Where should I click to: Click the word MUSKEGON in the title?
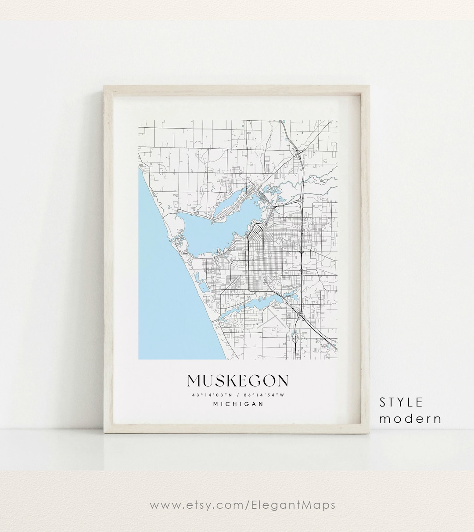pos(238,381)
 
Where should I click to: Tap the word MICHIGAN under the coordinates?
pos(238,404)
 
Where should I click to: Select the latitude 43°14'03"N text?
pos(208,395)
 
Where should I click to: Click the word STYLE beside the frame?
pos(401,402)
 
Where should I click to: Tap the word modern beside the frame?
pos(410,419)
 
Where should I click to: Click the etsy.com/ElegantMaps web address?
pos(242,505)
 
